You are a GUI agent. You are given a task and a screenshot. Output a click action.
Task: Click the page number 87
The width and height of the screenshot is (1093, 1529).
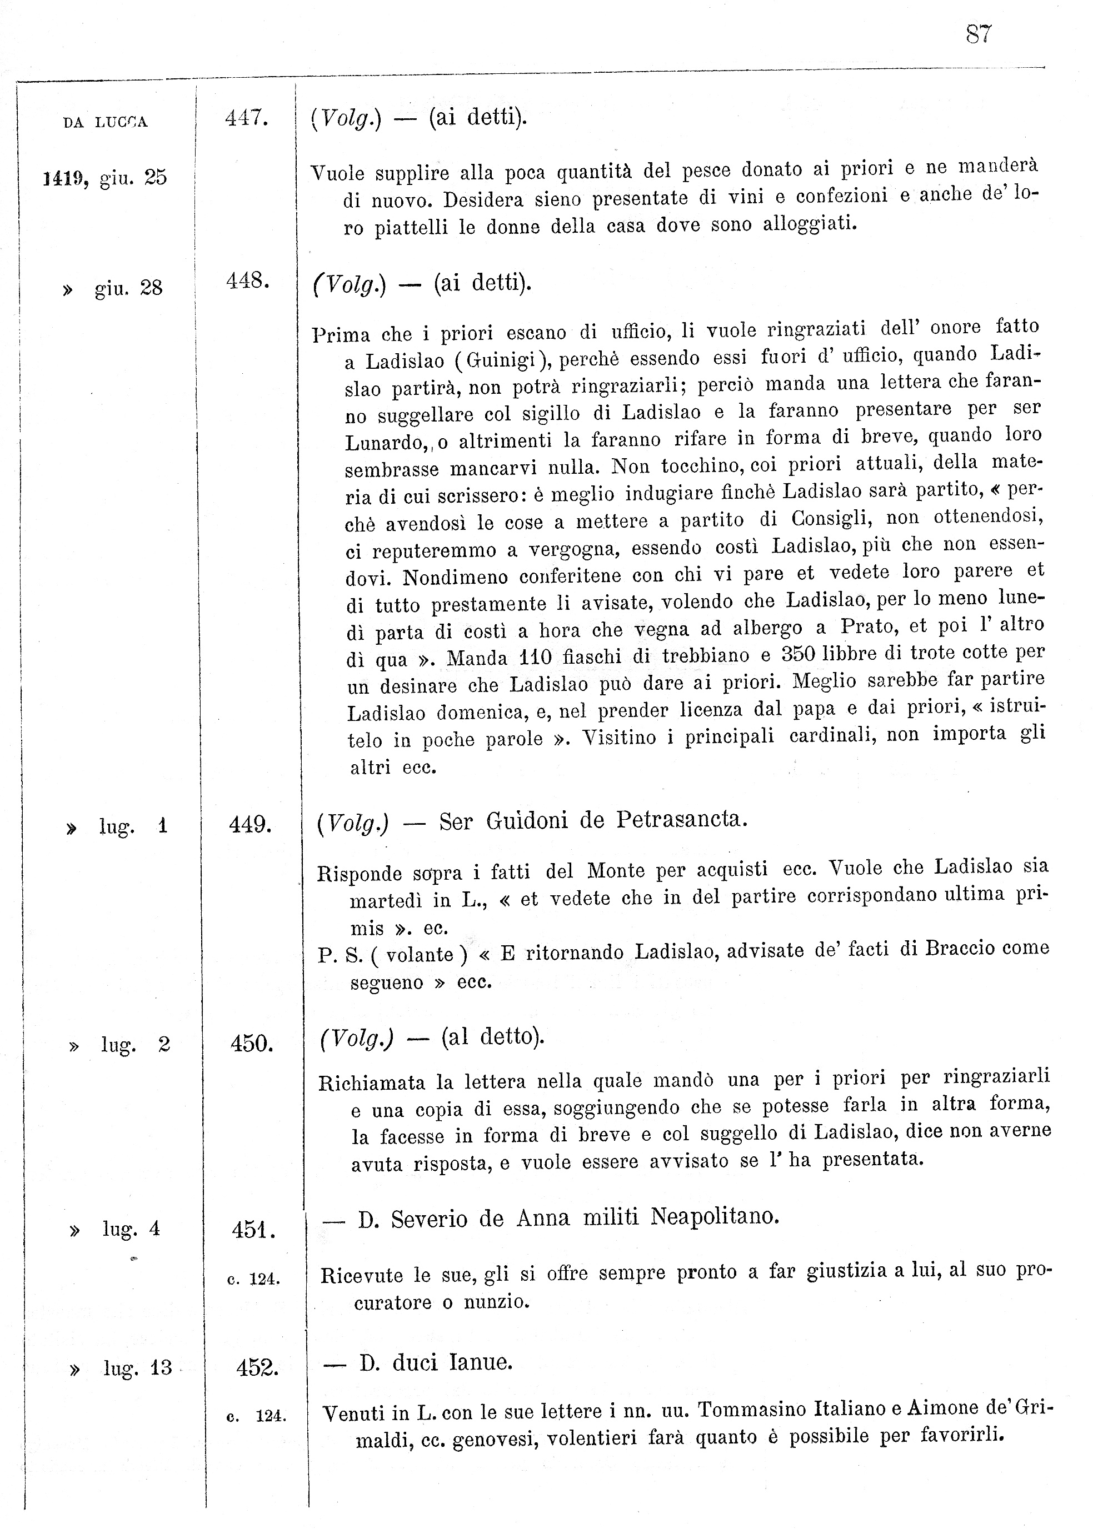(x=978, y=34)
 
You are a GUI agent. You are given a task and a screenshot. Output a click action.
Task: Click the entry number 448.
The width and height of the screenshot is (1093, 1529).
(x=248, y=281)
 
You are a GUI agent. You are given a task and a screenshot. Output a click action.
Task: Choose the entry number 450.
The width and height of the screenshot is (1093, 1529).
(x=251, y=1044)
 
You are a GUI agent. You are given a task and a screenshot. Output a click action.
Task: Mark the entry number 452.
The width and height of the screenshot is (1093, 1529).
(x=257, y=1367)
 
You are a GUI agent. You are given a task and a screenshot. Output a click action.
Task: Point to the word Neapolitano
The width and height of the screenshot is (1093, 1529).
(x=714, y=1217)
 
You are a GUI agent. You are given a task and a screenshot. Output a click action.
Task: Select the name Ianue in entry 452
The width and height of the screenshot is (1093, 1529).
(x=480, y=1363)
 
